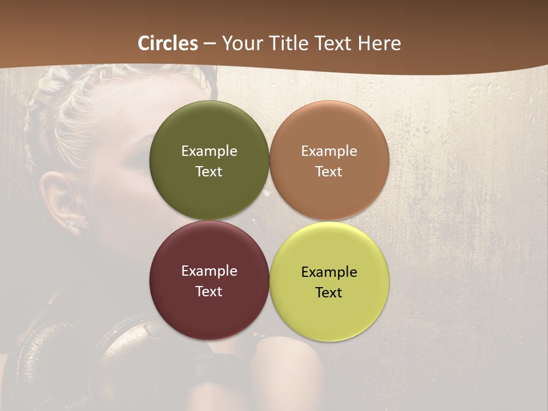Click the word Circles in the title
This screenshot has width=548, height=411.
click(x=167, y=43)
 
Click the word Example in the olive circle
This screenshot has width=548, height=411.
click(x=209, y=151)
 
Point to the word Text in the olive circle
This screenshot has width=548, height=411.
click(x=209, y=172)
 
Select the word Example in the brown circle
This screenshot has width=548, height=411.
click(x=329, y=151)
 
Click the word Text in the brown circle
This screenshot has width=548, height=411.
click(x=329, y=172)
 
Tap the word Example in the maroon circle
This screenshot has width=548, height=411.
click(x=209, y=271)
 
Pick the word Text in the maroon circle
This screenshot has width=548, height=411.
click(x=209, y=292)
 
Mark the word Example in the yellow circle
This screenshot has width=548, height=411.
click(x=329, y=272)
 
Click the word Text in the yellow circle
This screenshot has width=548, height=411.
click(x=329, y=293)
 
